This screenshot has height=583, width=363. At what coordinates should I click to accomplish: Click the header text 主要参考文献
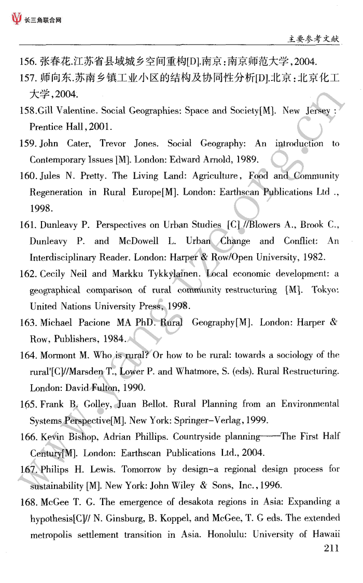coord(314,38)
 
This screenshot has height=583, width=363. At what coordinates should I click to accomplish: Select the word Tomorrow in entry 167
coord(141,469)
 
